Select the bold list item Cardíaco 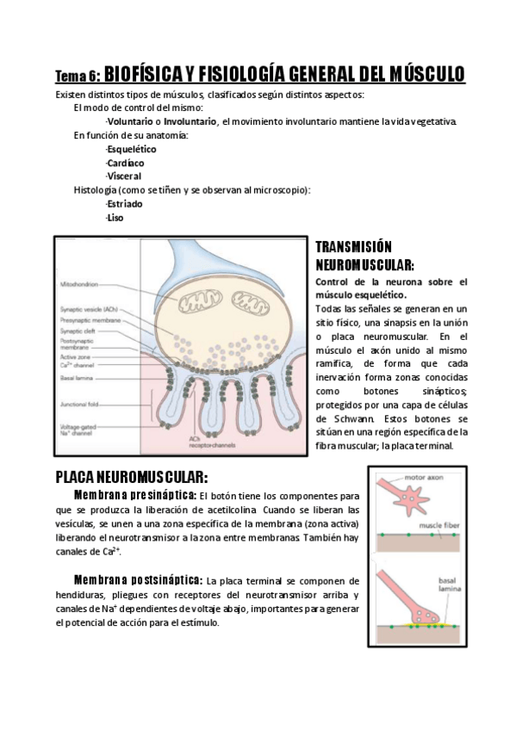pyautogui.click(x=125, y=163)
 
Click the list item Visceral pyautogui.click(x=123, y=176)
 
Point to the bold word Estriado pyautogui.click(x=124, y=204)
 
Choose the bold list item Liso pyautogui.click(x=114, y=218)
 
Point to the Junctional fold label pyautogui.click(x=79, y=399)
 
